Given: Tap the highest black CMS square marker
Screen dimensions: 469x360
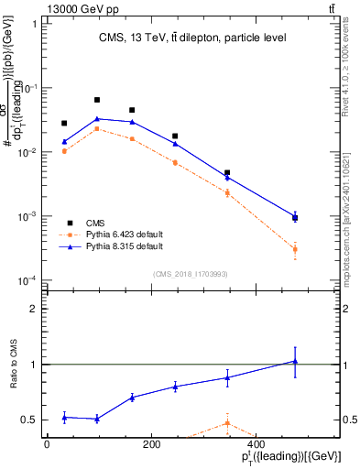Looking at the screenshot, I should (x=97, y=100).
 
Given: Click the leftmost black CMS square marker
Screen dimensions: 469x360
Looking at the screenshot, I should (x=64, y=123).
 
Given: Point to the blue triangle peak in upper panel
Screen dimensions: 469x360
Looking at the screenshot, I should (x=97, y=118).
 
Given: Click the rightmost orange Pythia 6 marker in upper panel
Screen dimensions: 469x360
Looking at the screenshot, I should (x=295, y=249).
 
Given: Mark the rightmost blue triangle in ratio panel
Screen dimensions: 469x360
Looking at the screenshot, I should (x=295, y=361).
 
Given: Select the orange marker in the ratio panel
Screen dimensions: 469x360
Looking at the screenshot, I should (x=226, y=422).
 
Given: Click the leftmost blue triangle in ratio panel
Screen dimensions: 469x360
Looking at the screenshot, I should (x=64, y=417).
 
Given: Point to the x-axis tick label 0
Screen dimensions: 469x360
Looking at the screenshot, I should (x=47, y=443).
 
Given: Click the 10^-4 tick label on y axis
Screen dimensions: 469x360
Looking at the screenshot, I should (x=27, y=280).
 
